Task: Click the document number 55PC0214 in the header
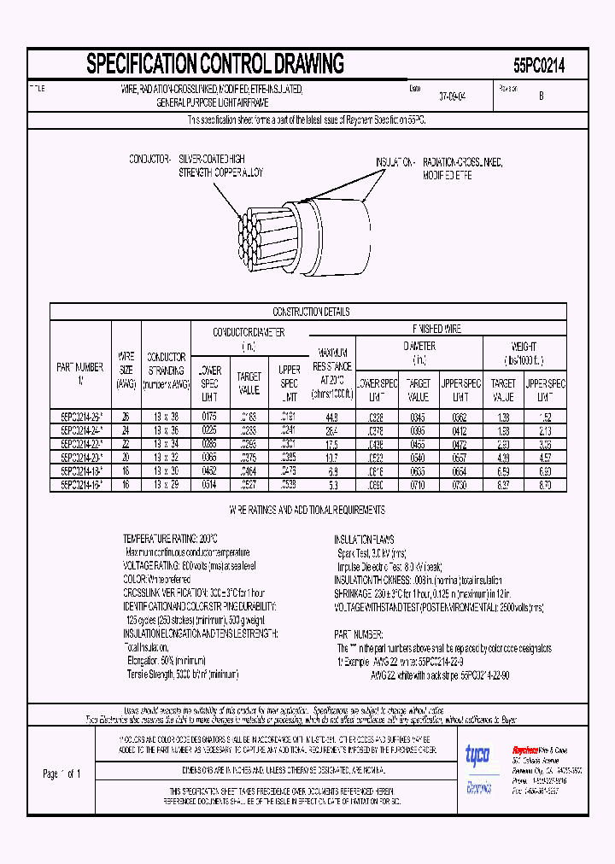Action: tap(538, 65)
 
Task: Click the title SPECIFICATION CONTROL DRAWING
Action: tap(215, 64)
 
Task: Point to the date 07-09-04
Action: tap(453, 96)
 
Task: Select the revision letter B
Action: tap(541, 96)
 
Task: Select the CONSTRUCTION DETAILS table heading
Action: tap(311, 312)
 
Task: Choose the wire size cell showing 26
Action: tap(126, 417)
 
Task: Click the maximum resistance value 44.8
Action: tap(332, 417)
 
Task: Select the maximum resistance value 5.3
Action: tap(332, 484)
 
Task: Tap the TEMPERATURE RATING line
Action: tap(171, 540)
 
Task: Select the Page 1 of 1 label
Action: tap(61, 774)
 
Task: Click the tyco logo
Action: tap(477, 755)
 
